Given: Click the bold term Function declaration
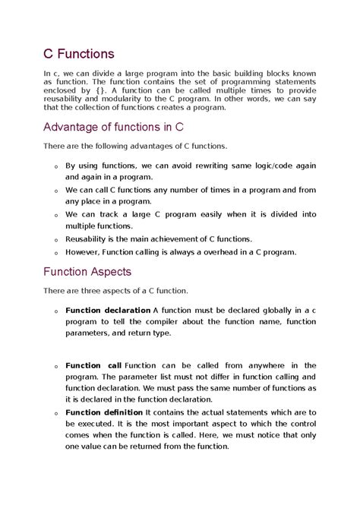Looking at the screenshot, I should (108, 310).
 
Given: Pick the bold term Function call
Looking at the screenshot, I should (93, 366).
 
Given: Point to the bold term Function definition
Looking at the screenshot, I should (103, 412).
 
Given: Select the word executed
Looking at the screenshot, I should (96, 424).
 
